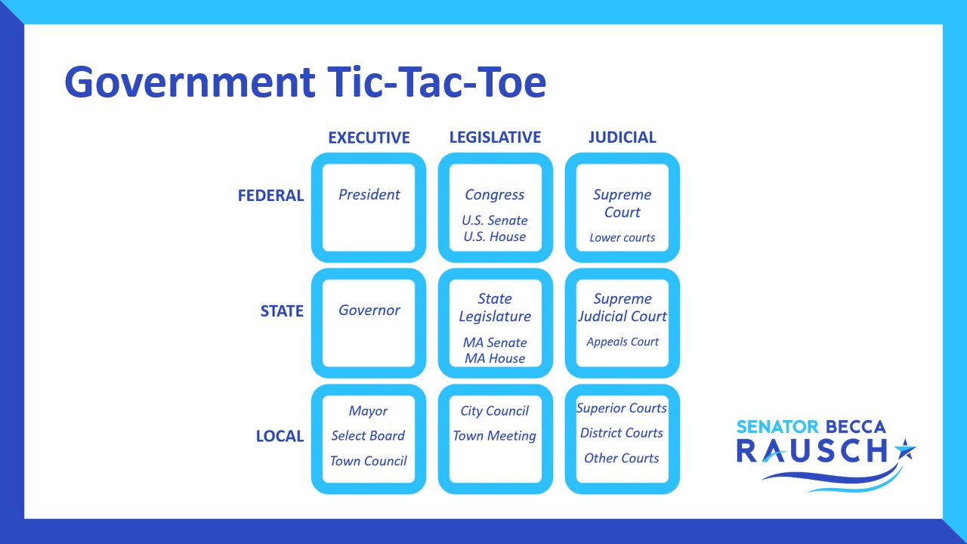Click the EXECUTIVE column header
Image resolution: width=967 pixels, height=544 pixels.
coord(369,138)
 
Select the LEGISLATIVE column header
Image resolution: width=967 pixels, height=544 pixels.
coord(495,138)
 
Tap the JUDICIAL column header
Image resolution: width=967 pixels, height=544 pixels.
coord(622,138)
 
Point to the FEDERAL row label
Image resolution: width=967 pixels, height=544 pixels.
coord(270,196)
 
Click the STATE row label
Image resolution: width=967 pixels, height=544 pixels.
coord(282,311)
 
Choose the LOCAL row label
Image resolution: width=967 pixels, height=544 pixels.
coord(280,436)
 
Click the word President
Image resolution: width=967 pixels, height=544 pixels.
coord(369,195)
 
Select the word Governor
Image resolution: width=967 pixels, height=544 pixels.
coord(369,310)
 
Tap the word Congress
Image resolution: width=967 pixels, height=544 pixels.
coord(495,195)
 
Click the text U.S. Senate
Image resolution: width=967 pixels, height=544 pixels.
coord(495,221)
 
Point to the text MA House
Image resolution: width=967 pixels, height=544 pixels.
coord(495,358)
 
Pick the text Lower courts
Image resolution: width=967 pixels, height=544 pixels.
coord(622,237)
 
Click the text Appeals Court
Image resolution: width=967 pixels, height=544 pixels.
coord(622,342)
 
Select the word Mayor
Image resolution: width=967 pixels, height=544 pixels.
coord(368,411)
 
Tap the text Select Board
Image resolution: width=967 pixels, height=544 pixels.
coord(368,436)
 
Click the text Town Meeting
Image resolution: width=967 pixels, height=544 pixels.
coord(495,436)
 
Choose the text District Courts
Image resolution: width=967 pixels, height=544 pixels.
coord(622,433)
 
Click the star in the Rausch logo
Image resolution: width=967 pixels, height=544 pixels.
coord(905,450)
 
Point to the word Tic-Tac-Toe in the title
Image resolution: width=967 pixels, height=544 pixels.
coord(437,82)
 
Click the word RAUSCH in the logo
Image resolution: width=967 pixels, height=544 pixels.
coord(811,451)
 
